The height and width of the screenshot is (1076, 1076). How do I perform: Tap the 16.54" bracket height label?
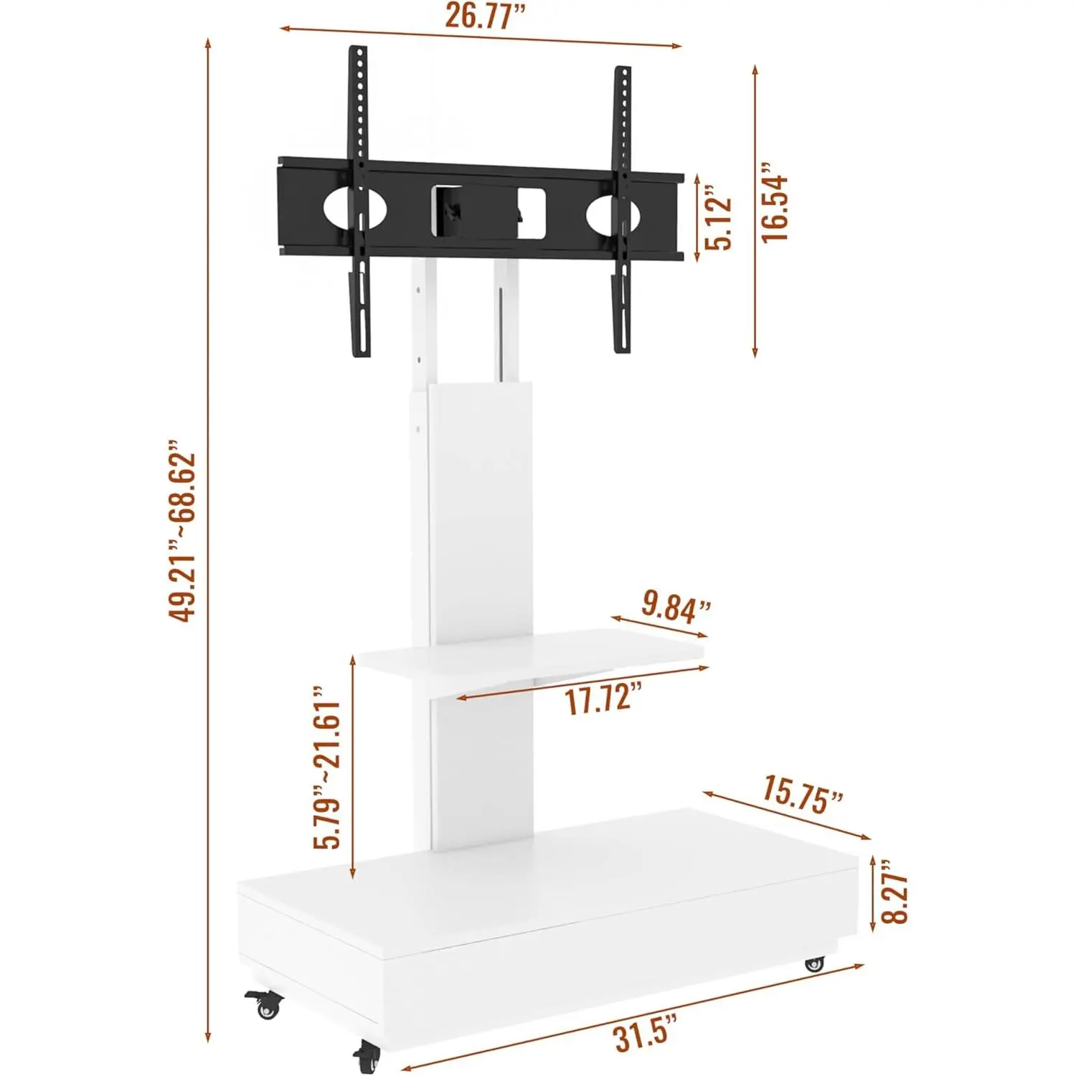[x=775, y=202]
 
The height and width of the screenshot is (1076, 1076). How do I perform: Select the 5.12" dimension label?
[x=719, y=217]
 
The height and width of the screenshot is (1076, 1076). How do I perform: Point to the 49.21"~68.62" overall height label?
[x=181, y=531]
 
